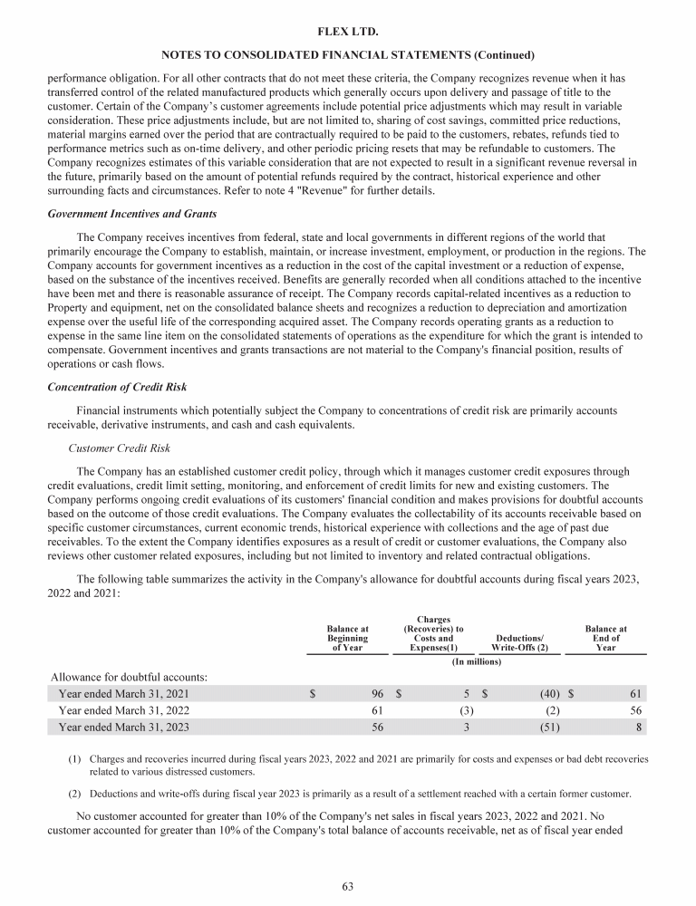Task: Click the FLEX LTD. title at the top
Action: tap(348, 32)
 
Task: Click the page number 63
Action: tap(348, 886)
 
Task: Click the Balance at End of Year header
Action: tap(606, 638)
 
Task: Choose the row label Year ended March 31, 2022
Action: tap(124, 710)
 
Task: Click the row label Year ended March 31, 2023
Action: tap(124, 727)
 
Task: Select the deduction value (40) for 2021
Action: tap(546, 695)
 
